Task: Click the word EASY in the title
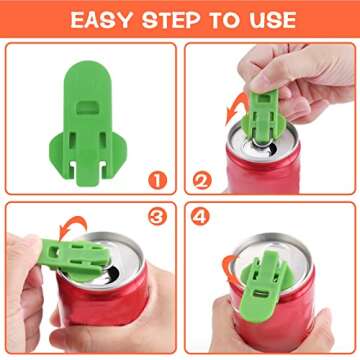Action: (100, 19)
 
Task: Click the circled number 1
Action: (155, 181)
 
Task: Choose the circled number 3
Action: (155, 216)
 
